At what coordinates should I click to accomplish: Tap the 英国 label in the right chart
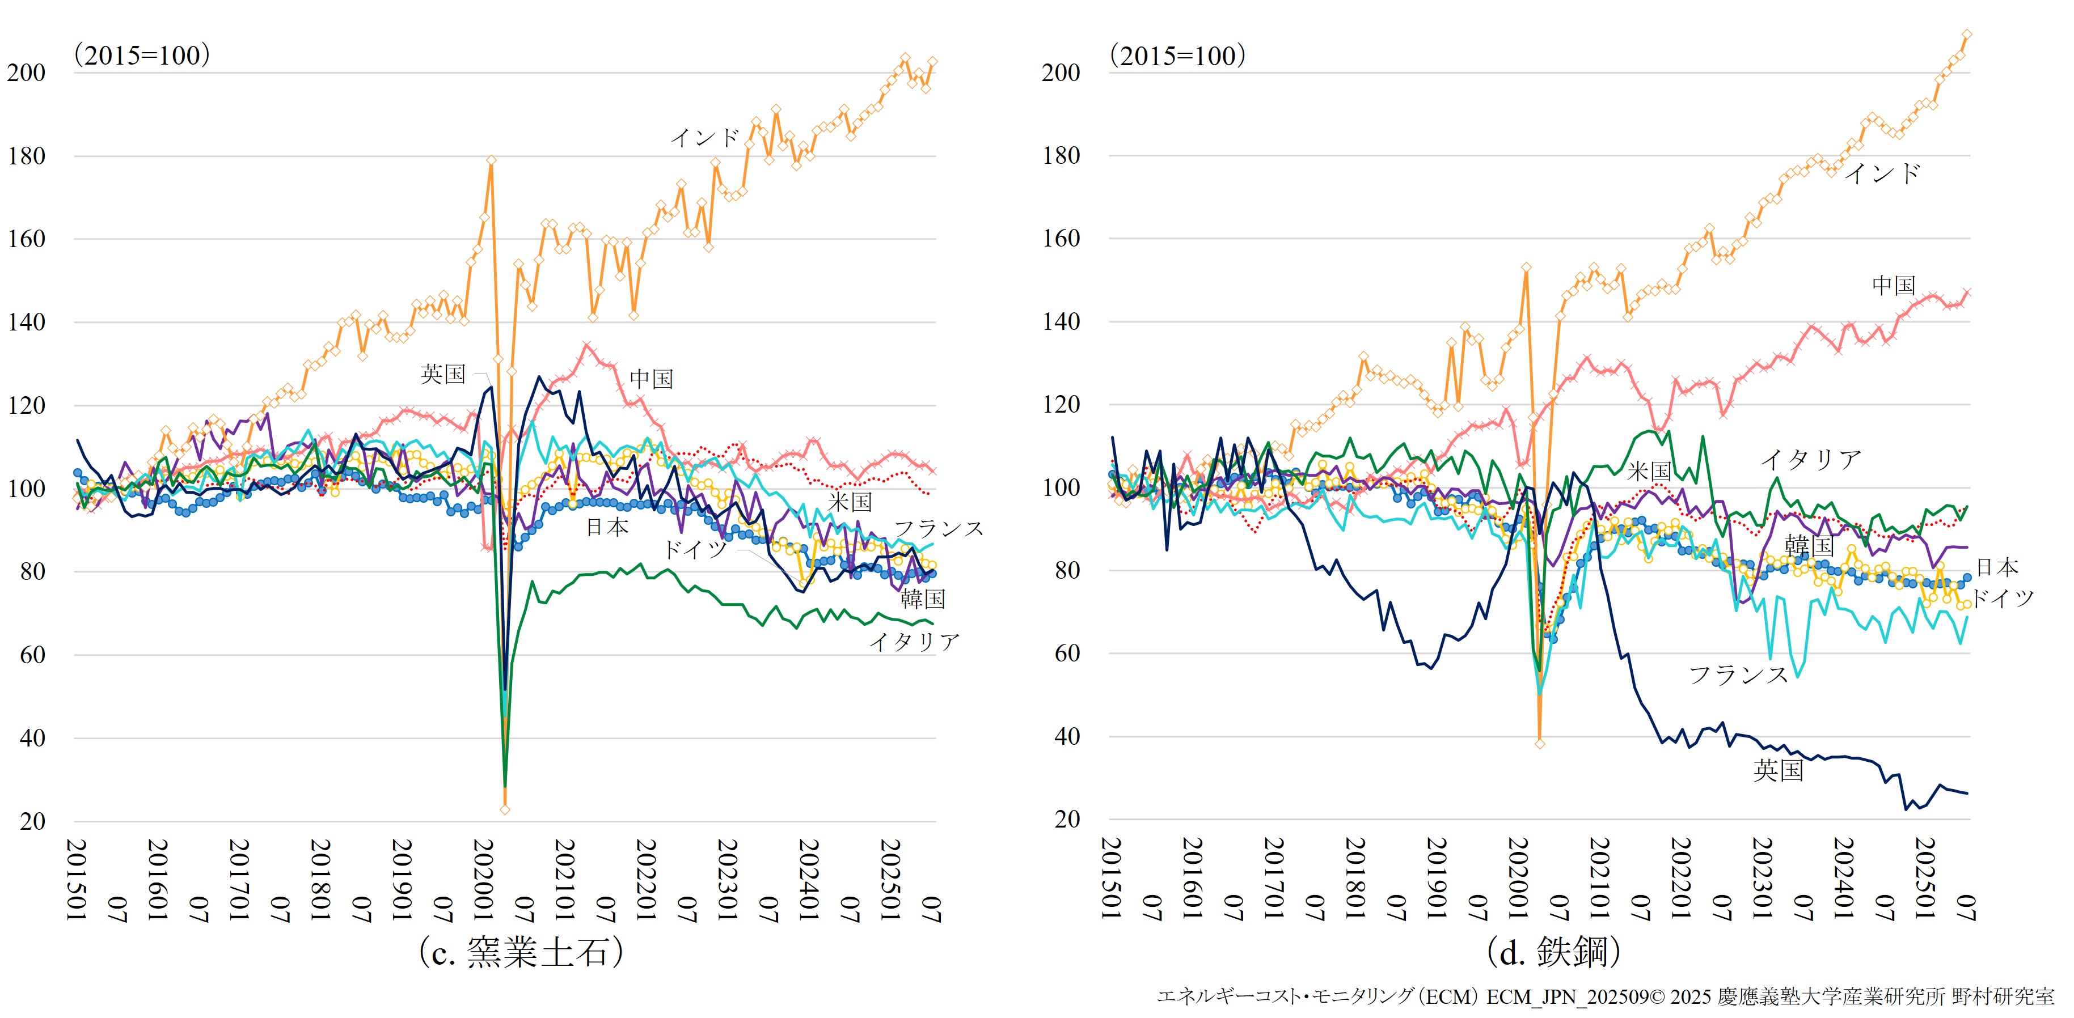(1778, 770)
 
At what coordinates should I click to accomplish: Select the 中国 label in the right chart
(1893, 285)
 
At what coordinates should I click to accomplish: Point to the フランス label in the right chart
(1738, 675)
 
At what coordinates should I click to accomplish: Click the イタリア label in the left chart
(914, 642)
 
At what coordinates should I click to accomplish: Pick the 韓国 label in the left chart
(922, 599)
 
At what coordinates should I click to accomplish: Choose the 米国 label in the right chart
(1649, 472)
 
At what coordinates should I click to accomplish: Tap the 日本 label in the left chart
(606, 528)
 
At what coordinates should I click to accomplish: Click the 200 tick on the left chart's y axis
(27, 73)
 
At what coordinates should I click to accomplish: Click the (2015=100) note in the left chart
(142, 55)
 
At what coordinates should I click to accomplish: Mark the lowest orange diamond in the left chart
(505, 809)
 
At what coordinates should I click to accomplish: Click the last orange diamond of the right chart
(1967, 35)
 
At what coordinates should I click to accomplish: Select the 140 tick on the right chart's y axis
(1061, 321)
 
